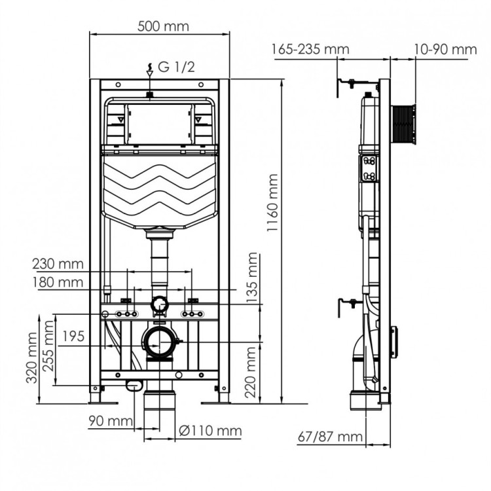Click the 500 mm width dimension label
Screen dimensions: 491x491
coord(163,26)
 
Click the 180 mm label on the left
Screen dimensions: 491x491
coord(59,282)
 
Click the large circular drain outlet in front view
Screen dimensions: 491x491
coord(158,342)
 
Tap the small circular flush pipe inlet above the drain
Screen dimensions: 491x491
coord(159,304)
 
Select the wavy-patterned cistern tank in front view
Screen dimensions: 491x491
coord(159,190)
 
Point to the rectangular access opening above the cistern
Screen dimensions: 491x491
coord(159,123)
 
